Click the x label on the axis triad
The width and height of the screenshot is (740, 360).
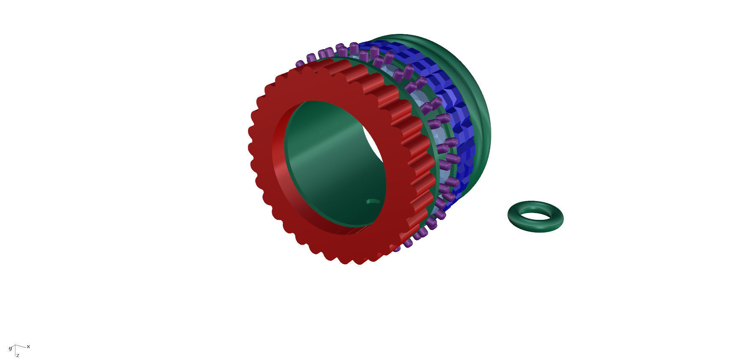point(28,346)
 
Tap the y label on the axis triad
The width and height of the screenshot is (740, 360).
point(11,349)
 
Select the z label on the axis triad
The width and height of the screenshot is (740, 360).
point(18,355)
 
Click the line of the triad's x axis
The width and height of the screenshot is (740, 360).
point(21,346)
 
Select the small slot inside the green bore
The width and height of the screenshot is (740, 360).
point(372,202)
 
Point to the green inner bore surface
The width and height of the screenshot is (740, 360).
point(330,169)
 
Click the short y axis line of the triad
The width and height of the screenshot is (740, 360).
point(12,347)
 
